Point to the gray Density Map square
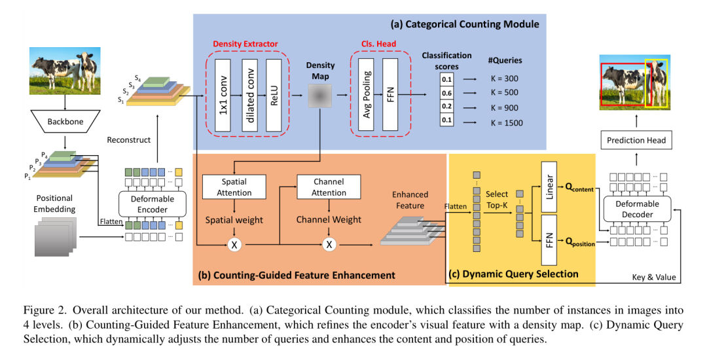tap(319, 98)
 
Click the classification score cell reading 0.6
tap(446, 93)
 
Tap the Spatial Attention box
tap(234, 186)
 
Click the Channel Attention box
tap(329, 186)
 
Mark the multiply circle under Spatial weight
tap(234, 245)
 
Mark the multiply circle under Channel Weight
tap(329, 245)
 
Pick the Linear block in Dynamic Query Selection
tap(549, 185)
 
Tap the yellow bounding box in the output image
tap(656, 83)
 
